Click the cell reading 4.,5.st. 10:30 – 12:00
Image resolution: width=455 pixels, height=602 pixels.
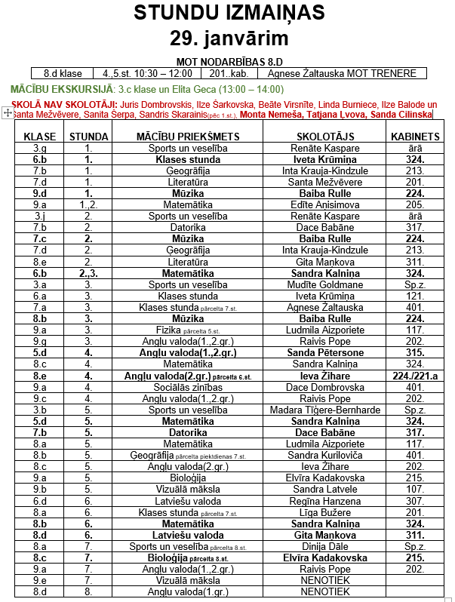pyautogui.click(x=147, y=73)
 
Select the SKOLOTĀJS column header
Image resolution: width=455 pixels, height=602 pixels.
pyautogui.click(x=324, y=137)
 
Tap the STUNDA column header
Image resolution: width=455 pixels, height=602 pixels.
pyautogui.click(x=88, y=137)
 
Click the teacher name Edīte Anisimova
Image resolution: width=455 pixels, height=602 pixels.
pyautogui.click(x=324, y=204)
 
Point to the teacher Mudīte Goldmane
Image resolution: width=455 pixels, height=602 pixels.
pyautogui.click(x=324, y=284)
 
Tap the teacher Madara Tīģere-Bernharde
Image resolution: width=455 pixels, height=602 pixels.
pyautogui.click(x=324, y=410)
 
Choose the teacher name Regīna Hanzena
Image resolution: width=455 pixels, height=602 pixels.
pyautogui.click(x=324, y=500)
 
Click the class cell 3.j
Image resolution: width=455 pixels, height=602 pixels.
pyautogui.click(x=40, y=216)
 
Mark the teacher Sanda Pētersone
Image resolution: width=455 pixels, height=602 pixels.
pyautogui.click(x=324, y=352)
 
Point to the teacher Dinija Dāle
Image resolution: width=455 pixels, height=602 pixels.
pyautogui.click(x=324, y=546)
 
